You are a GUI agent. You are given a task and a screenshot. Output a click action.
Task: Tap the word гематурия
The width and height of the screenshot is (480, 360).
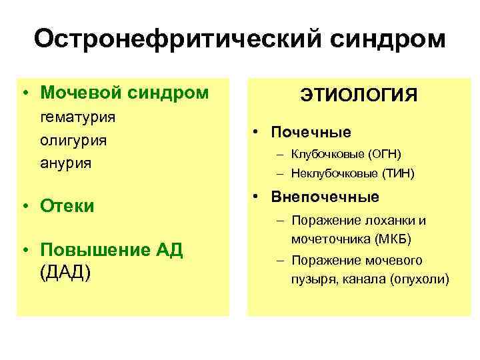[x=78, y=117]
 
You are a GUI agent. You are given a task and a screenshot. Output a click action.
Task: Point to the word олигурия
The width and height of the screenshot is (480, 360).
[x=73, y=141]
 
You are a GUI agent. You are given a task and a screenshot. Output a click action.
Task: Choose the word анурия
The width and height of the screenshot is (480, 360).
[x=65, y=163]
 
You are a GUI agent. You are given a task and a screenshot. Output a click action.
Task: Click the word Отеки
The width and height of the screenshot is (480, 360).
[x=67, y=205]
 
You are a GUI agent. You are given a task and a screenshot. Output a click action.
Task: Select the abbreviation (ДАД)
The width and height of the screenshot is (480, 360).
[x=65, y=273]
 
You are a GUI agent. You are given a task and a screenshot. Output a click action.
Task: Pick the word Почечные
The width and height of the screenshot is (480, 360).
[x=311, y=132]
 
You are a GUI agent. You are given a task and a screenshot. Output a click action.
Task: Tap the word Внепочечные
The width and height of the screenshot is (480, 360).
[x=325, y=197]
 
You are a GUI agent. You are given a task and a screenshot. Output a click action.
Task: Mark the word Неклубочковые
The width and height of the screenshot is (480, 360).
[x=334, y=174]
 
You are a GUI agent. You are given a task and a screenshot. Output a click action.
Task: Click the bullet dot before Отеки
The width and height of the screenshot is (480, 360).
[x=25, y=206]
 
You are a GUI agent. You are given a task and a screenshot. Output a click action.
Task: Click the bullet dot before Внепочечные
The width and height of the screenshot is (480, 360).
[x=256, y=197]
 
